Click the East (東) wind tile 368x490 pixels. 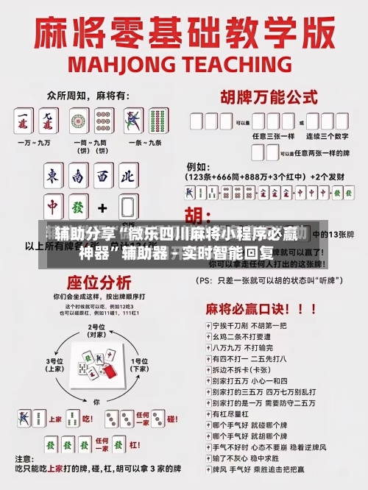(53, 177)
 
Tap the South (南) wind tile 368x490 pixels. (79, 177)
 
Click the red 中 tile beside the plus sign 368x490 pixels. (53, 207)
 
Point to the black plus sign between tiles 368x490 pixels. (102, 207)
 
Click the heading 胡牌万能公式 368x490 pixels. (264, 96)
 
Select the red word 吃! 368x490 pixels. (87, 419)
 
